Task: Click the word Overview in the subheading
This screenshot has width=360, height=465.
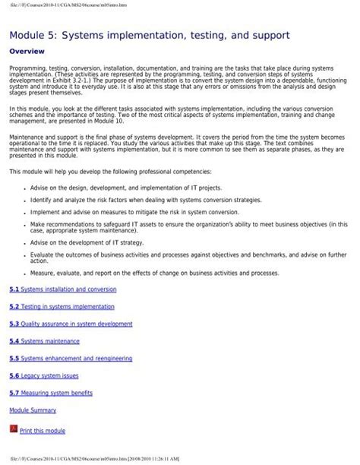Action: [27, 52]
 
